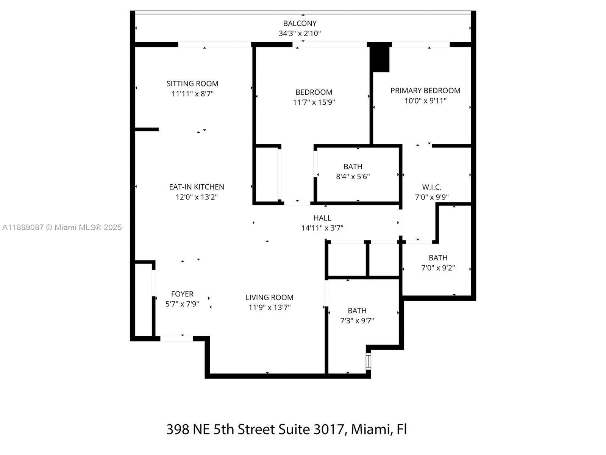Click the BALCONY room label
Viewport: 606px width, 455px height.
click(300, 24)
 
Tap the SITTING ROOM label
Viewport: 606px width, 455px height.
click(192, 83)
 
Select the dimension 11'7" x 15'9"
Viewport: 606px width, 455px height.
click(314, 102)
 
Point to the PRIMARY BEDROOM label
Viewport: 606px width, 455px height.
click(425, 91)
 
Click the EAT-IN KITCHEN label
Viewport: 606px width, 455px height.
click(197, 187)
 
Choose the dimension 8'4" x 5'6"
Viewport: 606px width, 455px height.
click(353, 176)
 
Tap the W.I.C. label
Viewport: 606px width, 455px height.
click(432, 187)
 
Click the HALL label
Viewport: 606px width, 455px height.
click(322, 218)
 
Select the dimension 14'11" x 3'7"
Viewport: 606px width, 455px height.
click(322, 228)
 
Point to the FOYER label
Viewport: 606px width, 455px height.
click(182, 294)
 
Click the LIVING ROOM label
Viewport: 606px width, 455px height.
click(269, 298)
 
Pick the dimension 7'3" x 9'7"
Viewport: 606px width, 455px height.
click(357, 321)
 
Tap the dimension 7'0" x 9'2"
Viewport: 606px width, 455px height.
click(438, 268)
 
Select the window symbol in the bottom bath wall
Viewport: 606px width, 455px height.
click(368, 361)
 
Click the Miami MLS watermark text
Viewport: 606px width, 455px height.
click(62, 227)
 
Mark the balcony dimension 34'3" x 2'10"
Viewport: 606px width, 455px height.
click(300, 33)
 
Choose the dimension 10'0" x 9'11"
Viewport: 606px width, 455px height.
click(425, 101)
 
